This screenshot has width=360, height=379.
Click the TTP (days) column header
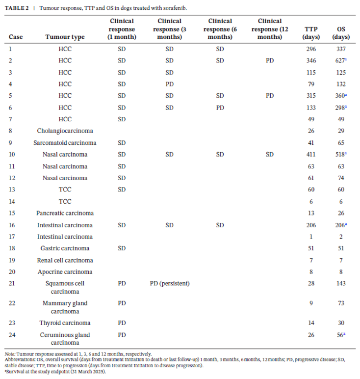coord(311,33)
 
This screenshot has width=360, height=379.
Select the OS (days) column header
coord(341,33)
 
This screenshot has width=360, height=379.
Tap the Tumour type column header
coord(65,37)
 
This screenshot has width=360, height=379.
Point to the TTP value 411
coord(311,154)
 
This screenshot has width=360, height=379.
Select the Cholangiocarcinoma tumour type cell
coord(65,131)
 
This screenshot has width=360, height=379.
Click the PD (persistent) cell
coord(170,283)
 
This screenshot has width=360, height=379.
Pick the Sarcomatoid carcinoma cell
coord(65,143)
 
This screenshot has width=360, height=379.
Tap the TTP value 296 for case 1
coord(311,49)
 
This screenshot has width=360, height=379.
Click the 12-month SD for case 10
coord(270,154)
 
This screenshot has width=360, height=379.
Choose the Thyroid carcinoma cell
coord(65,323)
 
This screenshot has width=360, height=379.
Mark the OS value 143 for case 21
coord(341,283)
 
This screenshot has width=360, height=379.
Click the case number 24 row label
coord(12,335)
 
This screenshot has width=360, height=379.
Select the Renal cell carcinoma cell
coord(65,260)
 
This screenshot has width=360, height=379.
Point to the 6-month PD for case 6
coord(220,108)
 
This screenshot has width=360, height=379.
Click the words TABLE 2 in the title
coord(17,8)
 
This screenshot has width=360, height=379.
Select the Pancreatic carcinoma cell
coord(65,213)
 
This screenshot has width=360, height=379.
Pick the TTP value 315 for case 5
coord(311,95)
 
